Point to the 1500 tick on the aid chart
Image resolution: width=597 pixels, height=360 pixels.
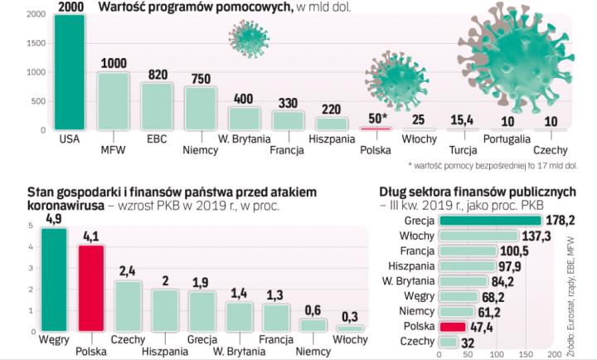(34, 44)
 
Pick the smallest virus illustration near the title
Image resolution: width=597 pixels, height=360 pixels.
(247, 37)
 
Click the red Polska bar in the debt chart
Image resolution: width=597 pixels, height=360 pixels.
(453, 327)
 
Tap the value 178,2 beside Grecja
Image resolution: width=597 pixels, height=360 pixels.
(560, 221)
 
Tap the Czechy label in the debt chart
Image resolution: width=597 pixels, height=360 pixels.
(417, 342)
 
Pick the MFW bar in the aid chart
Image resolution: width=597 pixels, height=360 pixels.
(113, 102)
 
